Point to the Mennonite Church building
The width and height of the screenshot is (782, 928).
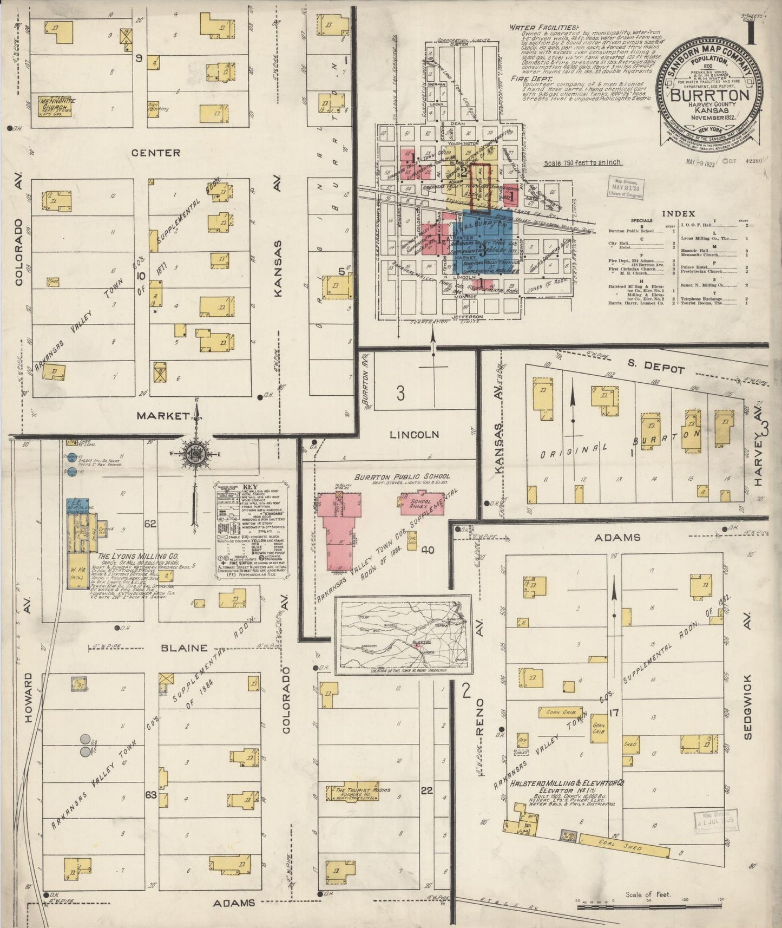coord(56,104)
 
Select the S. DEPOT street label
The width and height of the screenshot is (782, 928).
coord(658,369)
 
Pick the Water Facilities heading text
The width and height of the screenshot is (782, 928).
coord(542,27)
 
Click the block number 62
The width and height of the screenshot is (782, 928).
coord(150,524)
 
